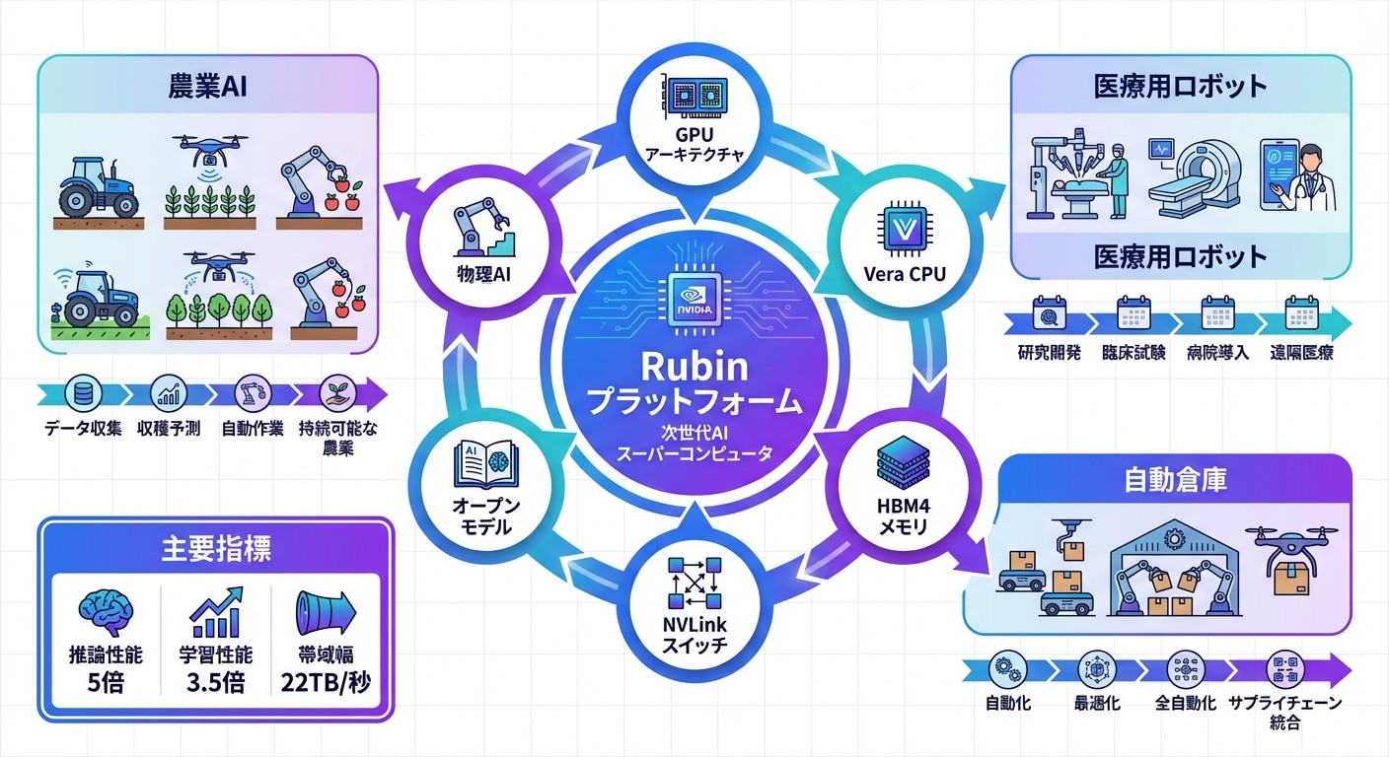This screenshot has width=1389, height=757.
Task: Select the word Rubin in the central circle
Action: pyautogui.click(x=694, y=367)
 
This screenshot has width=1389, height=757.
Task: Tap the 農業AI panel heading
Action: pyautogui.click(x=208, y=87)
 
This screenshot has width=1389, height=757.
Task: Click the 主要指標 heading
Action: pyautogui.click(x=215, y=550)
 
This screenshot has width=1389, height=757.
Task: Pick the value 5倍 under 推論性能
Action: pyautogui.click(x=105, y=683)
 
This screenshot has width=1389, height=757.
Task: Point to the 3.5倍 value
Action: pyautogui.click(x=215, y=683)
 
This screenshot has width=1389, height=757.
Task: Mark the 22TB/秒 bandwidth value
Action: pyautogui.click(x=326, y=683)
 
